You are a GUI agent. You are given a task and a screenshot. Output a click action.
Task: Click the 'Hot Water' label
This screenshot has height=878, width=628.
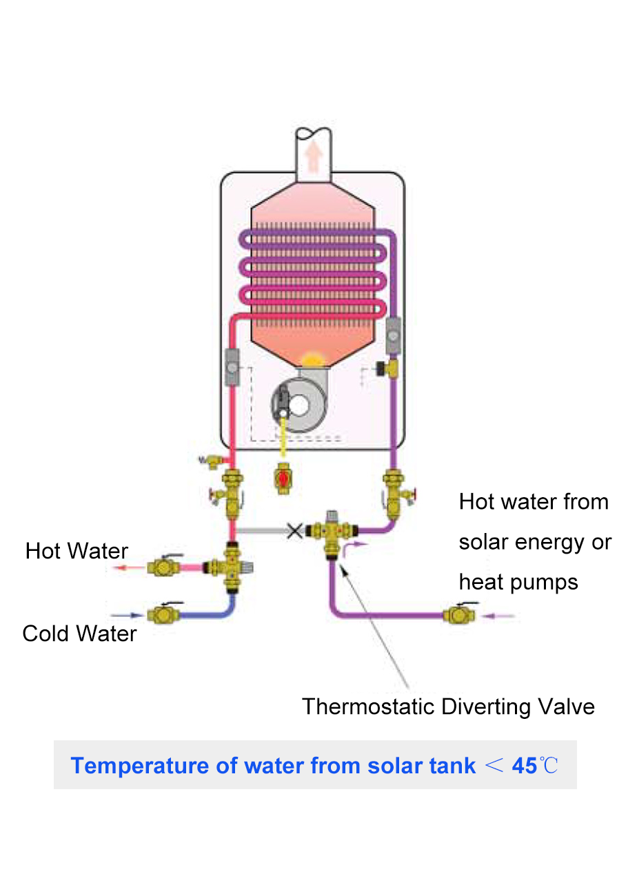[x=77, y=551]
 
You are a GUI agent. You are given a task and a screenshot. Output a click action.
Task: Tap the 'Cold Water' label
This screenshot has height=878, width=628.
[x=79, y=633]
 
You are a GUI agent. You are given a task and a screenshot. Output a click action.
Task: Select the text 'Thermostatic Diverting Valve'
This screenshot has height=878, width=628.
[x=448, y=707]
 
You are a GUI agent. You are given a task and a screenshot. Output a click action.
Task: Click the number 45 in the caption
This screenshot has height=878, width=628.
[x=525, y=765]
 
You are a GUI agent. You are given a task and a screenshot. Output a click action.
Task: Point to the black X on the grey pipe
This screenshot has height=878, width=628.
[x=295, y=530]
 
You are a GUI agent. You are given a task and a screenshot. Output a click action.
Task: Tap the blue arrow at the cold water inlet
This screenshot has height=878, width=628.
[x=126, y=614]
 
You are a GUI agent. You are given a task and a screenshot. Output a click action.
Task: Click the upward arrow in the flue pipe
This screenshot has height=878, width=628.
[x=314, y=157]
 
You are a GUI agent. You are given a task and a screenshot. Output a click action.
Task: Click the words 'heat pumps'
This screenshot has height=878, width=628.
[x=518, y=582]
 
